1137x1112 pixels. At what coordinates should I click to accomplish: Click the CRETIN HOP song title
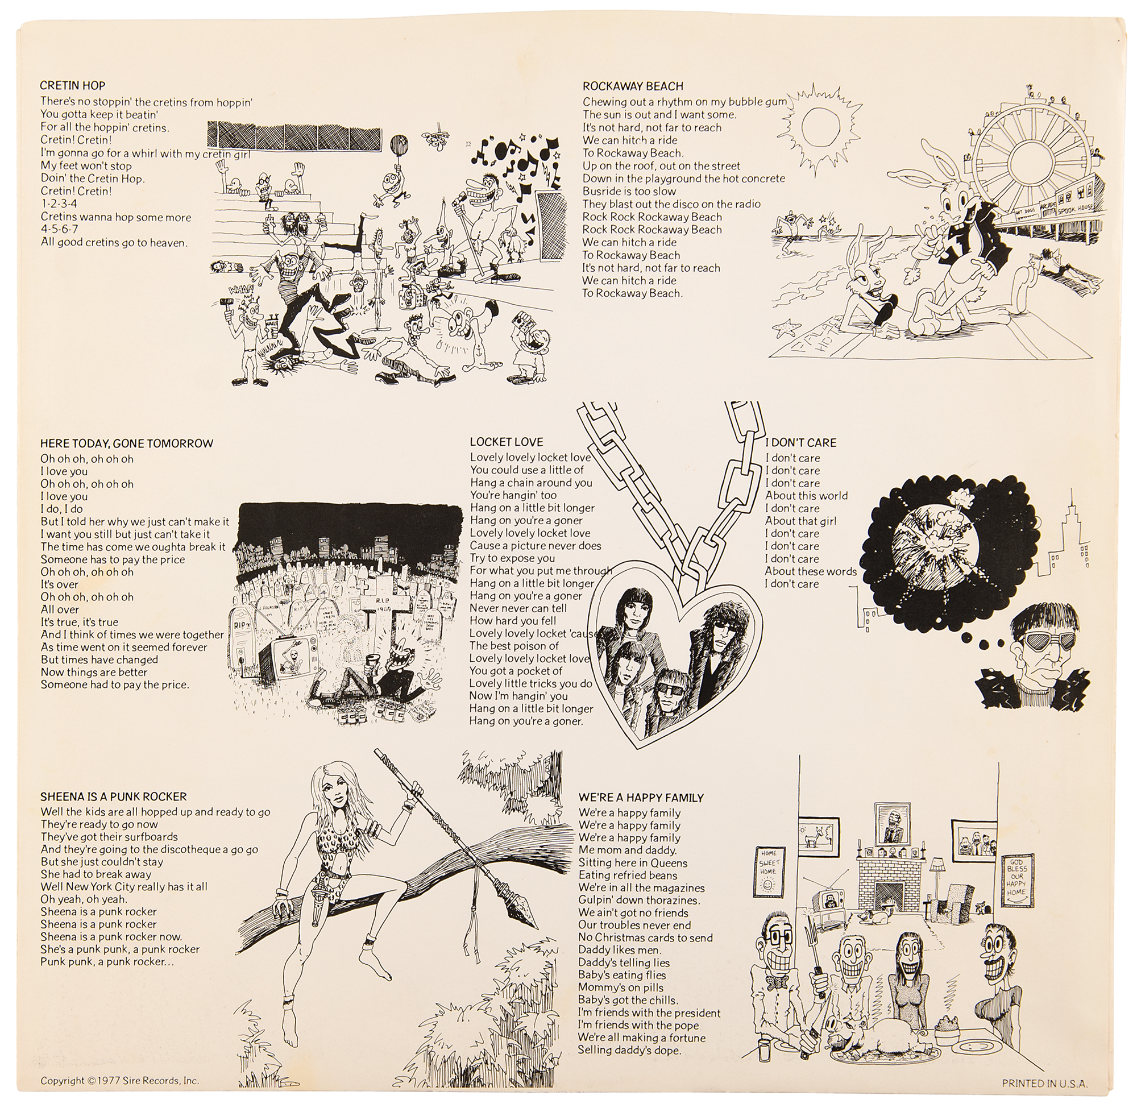pos(73,86)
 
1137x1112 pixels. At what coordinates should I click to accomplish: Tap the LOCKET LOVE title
pos(507,442)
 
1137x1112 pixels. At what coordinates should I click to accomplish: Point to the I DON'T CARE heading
pos(800,443)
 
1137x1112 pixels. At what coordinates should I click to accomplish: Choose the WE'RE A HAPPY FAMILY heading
pos(641,798)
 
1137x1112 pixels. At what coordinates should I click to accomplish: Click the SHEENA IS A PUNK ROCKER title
pos(113,796)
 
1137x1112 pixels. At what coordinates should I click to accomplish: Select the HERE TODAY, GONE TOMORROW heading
pos(127,443)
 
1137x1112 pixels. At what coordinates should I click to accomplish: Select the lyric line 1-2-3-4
pos(59,204)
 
